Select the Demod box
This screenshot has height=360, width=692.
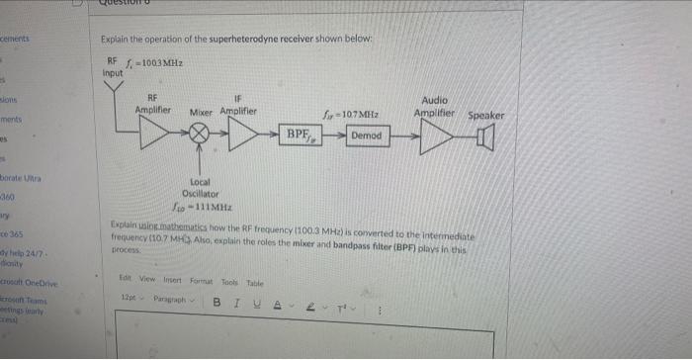[x=366, y=135]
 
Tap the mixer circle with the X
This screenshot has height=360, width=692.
[x=202, y=134]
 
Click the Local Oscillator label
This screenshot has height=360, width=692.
[x=200, y=187]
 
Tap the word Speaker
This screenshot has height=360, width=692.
[x=485, y=115]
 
